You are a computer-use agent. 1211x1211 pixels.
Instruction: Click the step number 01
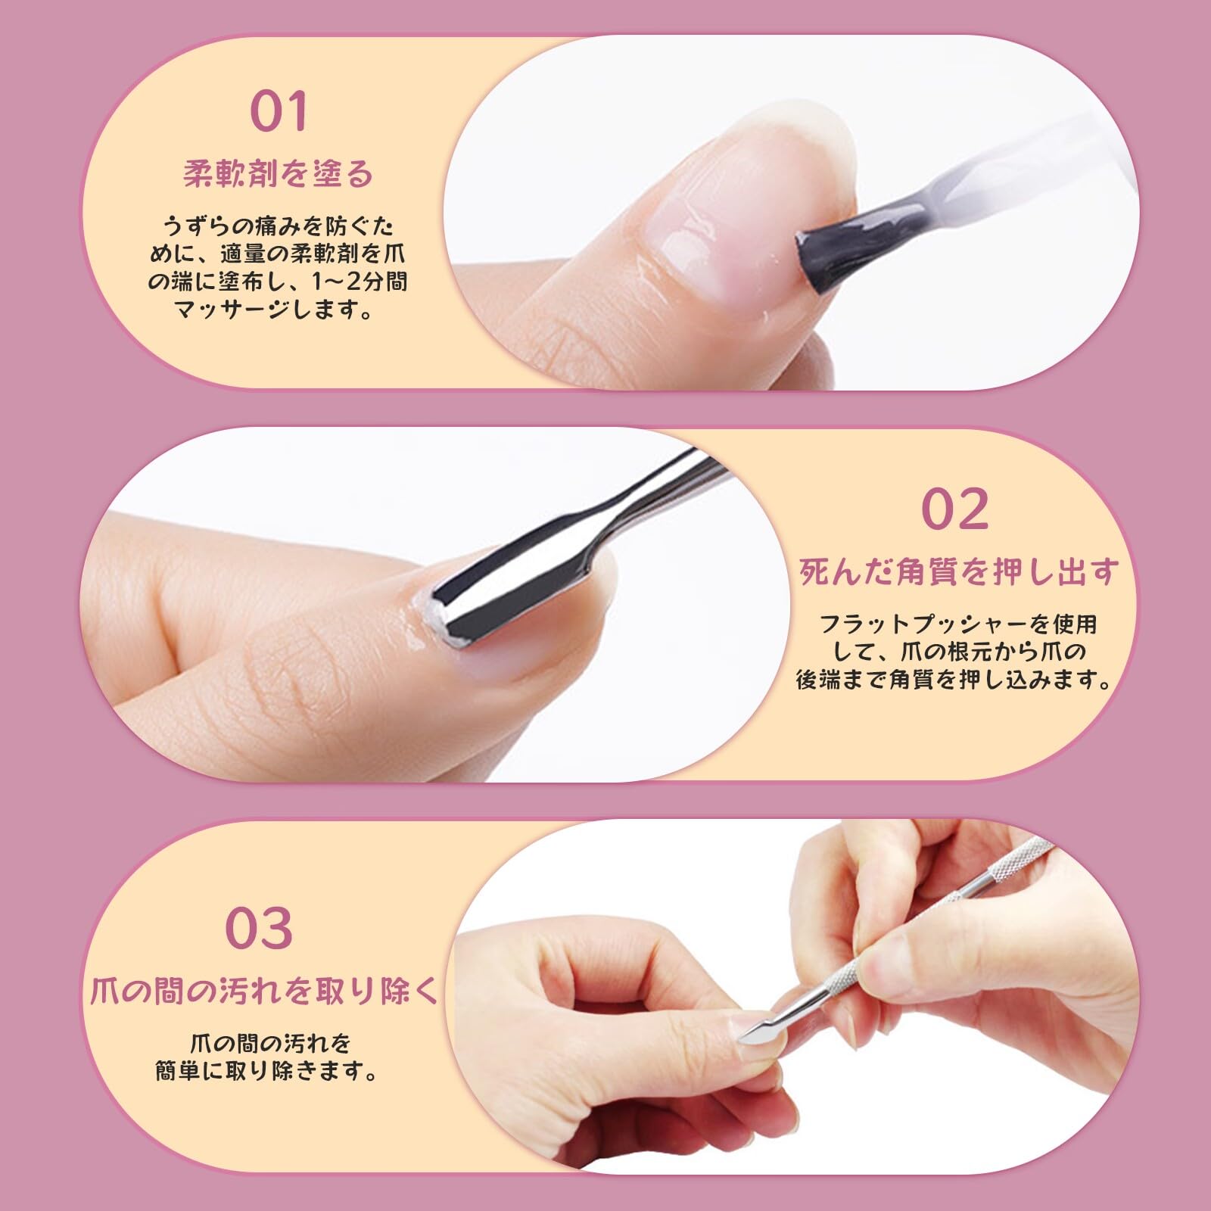click(x=279, y=111)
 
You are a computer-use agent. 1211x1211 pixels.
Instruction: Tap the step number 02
click(x=955, y=509)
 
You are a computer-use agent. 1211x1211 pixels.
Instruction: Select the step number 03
click(x=259, y=928)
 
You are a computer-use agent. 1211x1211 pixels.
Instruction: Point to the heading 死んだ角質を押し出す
click(x=958, y=572)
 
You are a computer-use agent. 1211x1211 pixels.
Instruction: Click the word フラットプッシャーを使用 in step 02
click(x=958, y=624)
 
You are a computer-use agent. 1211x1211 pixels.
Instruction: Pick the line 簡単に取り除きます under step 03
click(x=266, y=1072)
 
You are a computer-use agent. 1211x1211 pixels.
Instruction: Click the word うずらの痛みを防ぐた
click(x=279, y=226)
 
